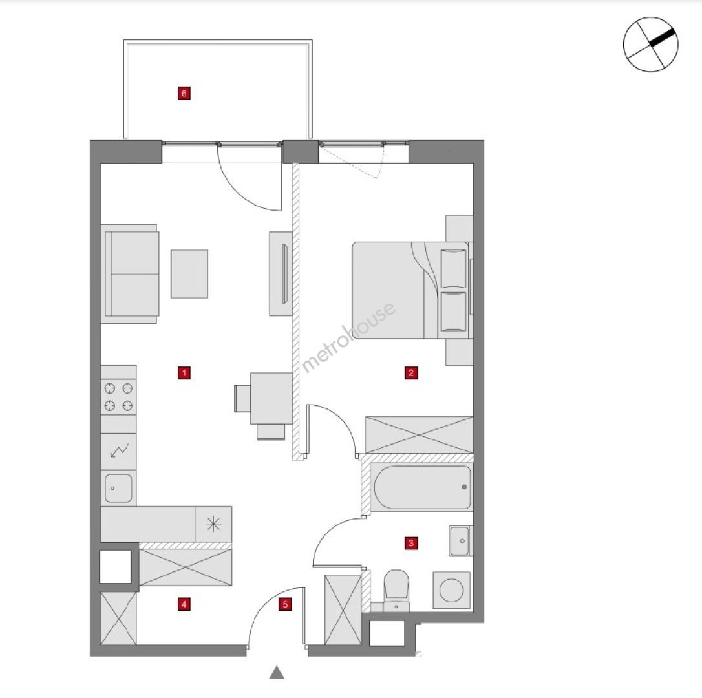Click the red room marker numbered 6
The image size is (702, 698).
[x=184, y=93]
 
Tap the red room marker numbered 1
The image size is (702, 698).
[x=184, y=373]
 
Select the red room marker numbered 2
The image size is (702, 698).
[x=411, y=373]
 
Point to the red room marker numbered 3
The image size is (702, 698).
[x=411, y=544]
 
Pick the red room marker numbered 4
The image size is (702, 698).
[x=184, y=604]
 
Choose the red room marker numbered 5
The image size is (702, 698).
[x=284, y=604]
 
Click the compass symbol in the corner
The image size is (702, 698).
[x=650, y=45]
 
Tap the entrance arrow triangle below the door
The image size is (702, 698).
[x=277, y=672]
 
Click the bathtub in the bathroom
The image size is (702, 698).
[x=422, y=487]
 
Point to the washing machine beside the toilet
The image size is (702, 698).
[x=451, y=590]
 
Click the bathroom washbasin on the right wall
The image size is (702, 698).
[x=460, y=541]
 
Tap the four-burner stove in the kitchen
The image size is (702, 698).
[x=119, y=396]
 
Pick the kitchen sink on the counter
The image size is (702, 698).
[x=119, y=487]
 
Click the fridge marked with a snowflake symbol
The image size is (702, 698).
[x=213, y=524]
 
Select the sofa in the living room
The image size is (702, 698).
[x=131, y=274]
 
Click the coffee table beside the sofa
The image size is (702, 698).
[x=189, y=273]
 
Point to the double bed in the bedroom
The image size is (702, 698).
[x=412, y=290]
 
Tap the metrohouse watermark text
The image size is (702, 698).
[x=348, y=337]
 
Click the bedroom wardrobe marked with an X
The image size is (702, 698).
[x=419, y=435]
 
